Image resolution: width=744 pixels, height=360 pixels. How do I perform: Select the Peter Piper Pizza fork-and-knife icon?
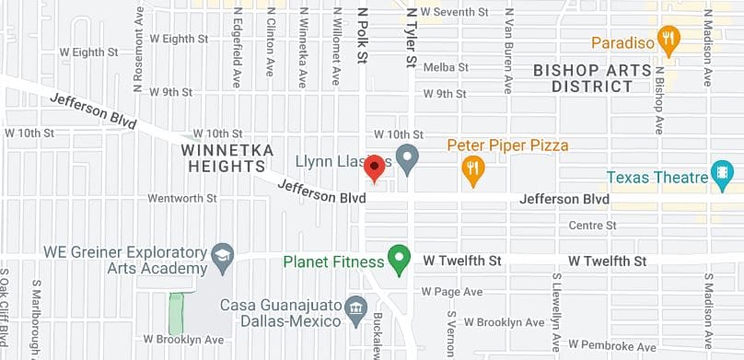pyautogui.click(x=473, y=169)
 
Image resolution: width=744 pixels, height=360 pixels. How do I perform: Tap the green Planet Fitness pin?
pyautogui.click(x=399, y=260)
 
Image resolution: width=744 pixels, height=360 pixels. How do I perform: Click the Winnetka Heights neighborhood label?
pyautogui.click(x=224, y=157)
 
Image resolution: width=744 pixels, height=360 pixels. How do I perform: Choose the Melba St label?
pyautogui.click(x=446, y=67)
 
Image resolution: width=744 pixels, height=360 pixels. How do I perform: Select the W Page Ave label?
pyautogui.click(x=452, y=292)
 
